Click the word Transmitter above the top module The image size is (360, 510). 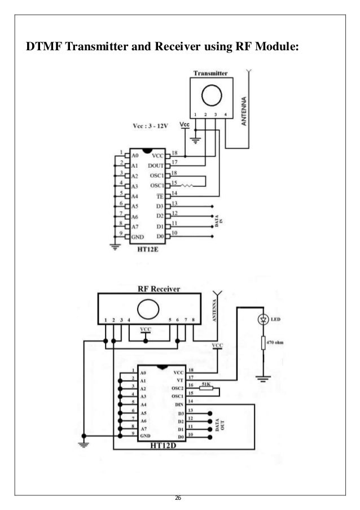[x=210, y=73]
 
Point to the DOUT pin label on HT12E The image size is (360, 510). [x=155, y=165]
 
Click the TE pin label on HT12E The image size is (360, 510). [x=160, y=195]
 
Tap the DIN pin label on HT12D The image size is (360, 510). [x=178, y=404]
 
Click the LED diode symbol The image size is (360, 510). [x=262, y=320]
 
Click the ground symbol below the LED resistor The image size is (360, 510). [x=262, y=377]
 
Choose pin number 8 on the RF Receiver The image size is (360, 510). [x=194, y=320]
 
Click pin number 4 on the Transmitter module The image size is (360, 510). [x=225, y=115]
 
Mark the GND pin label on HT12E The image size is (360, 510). [x=138, y=236]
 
